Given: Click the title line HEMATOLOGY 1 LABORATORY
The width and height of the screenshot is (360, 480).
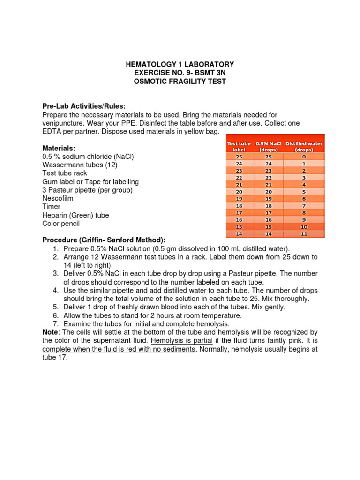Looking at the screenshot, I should [180, 64].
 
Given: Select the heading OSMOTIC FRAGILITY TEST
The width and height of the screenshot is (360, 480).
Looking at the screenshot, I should [180, 81].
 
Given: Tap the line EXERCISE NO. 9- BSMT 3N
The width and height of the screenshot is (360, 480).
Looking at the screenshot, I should [180, 73].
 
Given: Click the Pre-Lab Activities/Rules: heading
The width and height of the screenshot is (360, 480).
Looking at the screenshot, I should [84, 106].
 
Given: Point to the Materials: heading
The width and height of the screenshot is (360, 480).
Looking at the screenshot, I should [59, 148].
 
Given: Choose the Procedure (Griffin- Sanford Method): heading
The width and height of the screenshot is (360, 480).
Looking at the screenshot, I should [104, 240].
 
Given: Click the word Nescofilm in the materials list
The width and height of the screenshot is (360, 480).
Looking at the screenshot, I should [58, 198].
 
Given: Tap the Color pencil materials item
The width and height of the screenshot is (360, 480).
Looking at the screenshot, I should [61, 224].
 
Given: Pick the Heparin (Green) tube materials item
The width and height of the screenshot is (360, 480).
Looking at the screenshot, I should [75, 215].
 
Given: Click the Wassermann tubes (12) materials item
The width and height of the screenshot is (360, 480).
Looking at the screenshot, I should [80, 165].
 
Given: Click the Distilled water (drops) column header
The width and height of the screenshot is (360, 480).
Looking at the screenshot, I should [304, 146].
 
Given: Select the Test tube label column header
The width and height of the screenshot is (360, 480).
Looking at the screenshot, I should [239, 146].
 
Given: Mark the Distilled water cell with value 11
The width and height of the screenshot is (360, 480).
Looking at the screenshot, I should [304, 233].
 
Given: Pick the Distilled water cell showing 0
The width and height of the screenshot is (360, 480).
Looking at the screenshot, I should [304, 156].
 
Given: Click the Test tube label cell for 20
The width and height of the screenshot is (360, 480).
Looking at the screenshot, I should [239, 191].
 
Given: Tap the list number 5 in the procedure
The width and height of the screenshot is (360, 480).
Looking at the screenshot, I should [55, 307].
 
